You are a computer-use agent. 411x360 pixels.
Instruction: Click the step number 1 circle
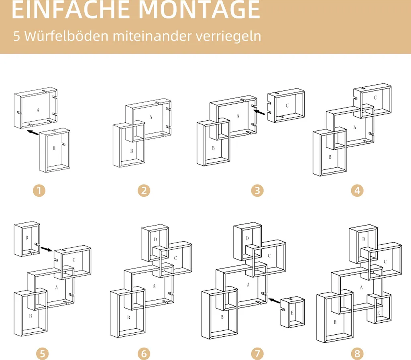pos(39,190)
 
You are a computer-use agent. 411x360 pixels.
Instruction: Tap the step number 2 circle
pos(144,190)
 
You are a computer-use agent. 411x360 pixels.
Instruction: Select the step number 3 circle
pos(257,190)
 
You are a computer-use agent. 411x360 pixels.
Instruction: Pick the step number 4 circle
pos(357,190)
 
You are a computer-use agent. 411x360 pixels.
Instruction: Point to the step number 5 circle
pos(43,354)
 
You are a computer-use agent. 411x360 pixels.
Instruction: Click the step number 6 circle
pos(144,354)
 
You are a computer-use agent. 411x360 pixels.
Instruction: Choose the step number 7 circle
pos(257,354)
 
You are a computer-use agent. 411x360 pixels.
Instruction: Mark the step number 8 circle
pos(357,354)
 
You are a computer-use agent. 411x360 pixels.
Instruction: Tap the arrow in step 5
pos(47,249)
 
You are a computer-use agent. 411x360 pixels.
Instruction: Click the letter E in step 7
pos(292,312)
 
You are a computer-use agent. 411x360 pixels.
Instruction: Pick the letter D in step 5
pos(26,238)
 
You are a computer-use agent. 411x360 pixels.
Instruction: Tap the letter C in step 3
pos(287,106)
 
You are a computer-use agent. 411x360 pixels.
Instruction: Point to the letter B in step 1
pos(54,148)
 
